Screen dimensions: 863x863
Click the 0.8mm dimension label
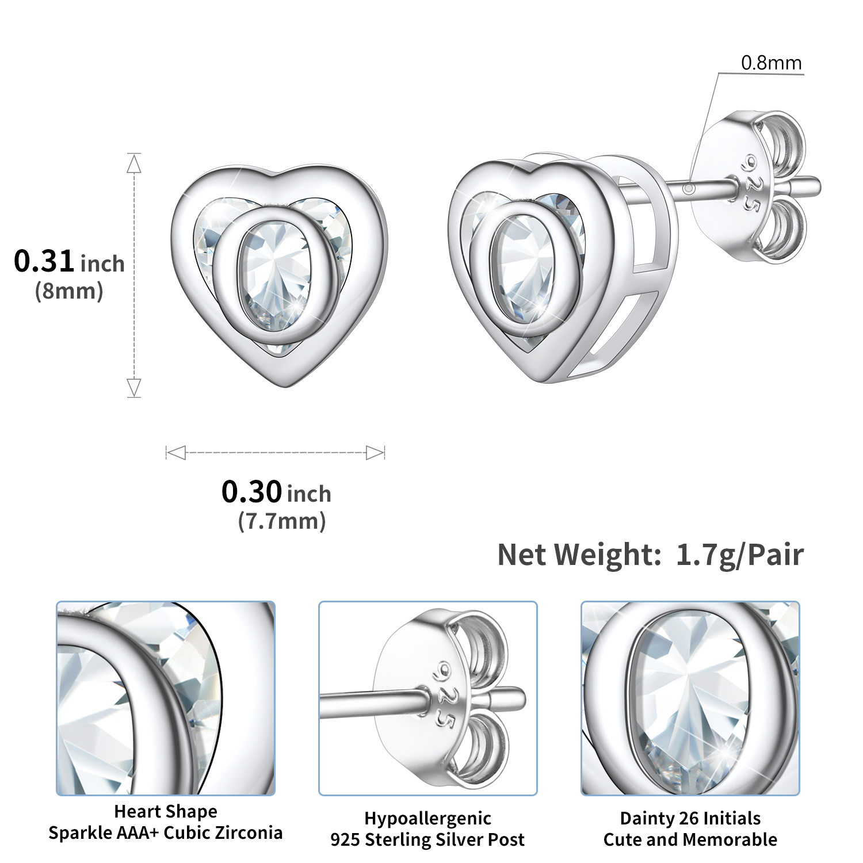point(771,63)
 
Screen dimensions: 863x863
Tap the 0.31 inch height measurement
point(69,262)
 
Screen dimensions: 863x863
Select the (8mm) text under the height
point(69,291)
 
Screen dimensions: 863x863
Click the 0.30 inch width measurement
point(276,492)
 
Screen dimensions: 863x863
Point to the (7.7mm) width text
point(282,521)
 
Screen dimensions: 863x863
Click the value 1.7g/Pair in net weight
point(739,555)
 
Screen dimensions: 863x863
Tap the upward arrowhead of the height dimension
point(134,164)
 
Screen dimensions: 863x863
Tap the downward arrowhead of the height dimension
point(134,387)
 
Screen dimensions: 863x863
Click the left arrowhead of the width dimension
point(176,453)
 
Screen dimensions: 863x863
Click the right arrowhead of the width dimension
point(375,453)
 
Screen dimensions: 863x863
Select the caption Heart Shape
point(166,811)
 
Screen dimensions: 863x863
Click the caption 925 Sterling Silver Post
point(427,839)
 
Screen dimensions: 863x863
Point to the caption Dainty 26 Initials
point(690,818)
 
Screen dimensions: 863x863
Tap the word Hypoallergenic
point(427,818)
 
